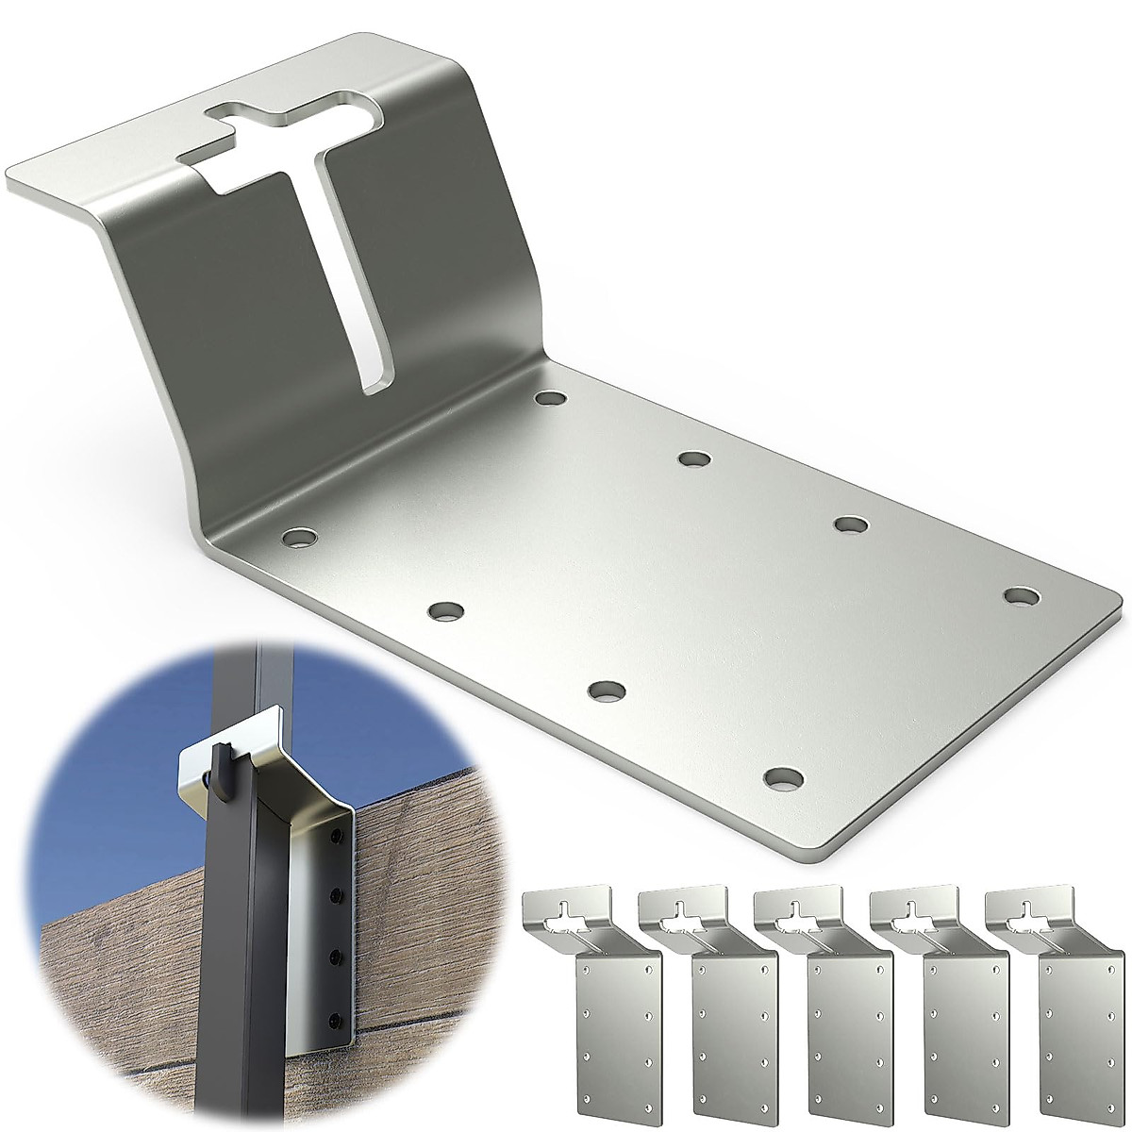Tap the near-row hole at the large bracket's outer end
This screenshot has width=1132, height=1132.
[783, 778]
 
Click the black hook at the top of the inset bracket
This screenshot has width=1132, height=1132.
[220, 769]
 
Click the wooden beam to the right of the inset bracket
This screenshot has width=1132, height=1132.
[424, 906]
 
